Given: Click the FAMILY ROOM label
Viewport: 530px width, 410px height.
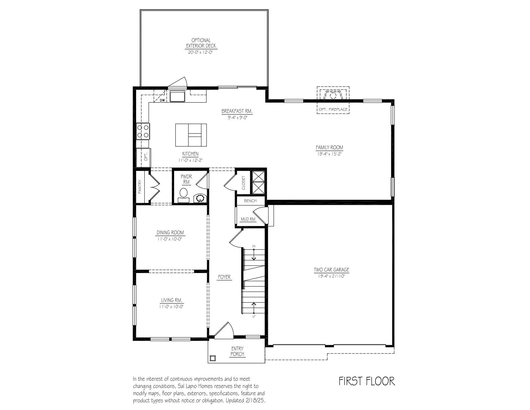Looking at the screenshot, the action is pos(329,148).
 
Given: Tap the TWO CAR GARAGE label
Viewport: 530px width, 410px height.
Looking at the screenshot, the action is pos(331,270).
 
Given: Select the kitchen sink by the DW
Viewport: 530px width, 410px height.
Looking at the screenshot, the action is pos(178,96).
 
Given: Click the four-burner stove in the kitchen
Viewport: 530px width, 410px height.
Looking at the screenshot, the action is pos(143,131).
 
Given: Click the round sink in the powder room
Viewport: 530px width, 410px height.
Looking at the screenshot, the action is pos(200,198).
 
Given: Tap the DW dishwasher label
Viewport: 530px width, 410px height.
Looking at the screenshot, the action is pos(162,100).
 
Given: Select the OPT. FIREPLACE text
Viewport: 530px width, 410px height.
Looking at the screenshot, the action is pos(333,109).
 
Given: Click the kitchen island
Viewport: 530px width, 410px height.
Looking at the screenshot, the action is pos(191,135).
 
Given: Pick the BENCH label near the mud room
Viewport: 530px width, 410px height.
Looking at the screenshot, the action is pos(250,201).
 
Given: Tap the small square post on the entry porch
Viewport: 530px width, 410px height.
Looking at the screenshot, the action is pos(212,358).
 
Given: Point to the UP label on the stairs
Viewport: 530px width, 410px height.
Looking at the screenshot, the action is pos(254,316).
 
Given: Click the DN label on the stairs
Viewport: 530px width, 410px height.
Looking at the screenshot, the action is pos(254,246).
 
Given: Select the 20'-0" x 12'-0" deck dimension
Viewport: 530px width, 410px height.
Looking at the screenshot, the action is pos(201,52).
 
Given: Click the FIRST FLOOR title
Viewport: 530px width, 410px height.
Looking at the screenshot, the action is pos(367,381).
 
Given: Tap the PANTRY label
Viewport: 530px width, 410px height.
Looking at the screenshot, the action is pos(140,187).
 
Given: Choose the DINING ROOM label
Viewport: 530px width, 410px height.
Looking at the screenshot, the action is pos(170,232).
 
